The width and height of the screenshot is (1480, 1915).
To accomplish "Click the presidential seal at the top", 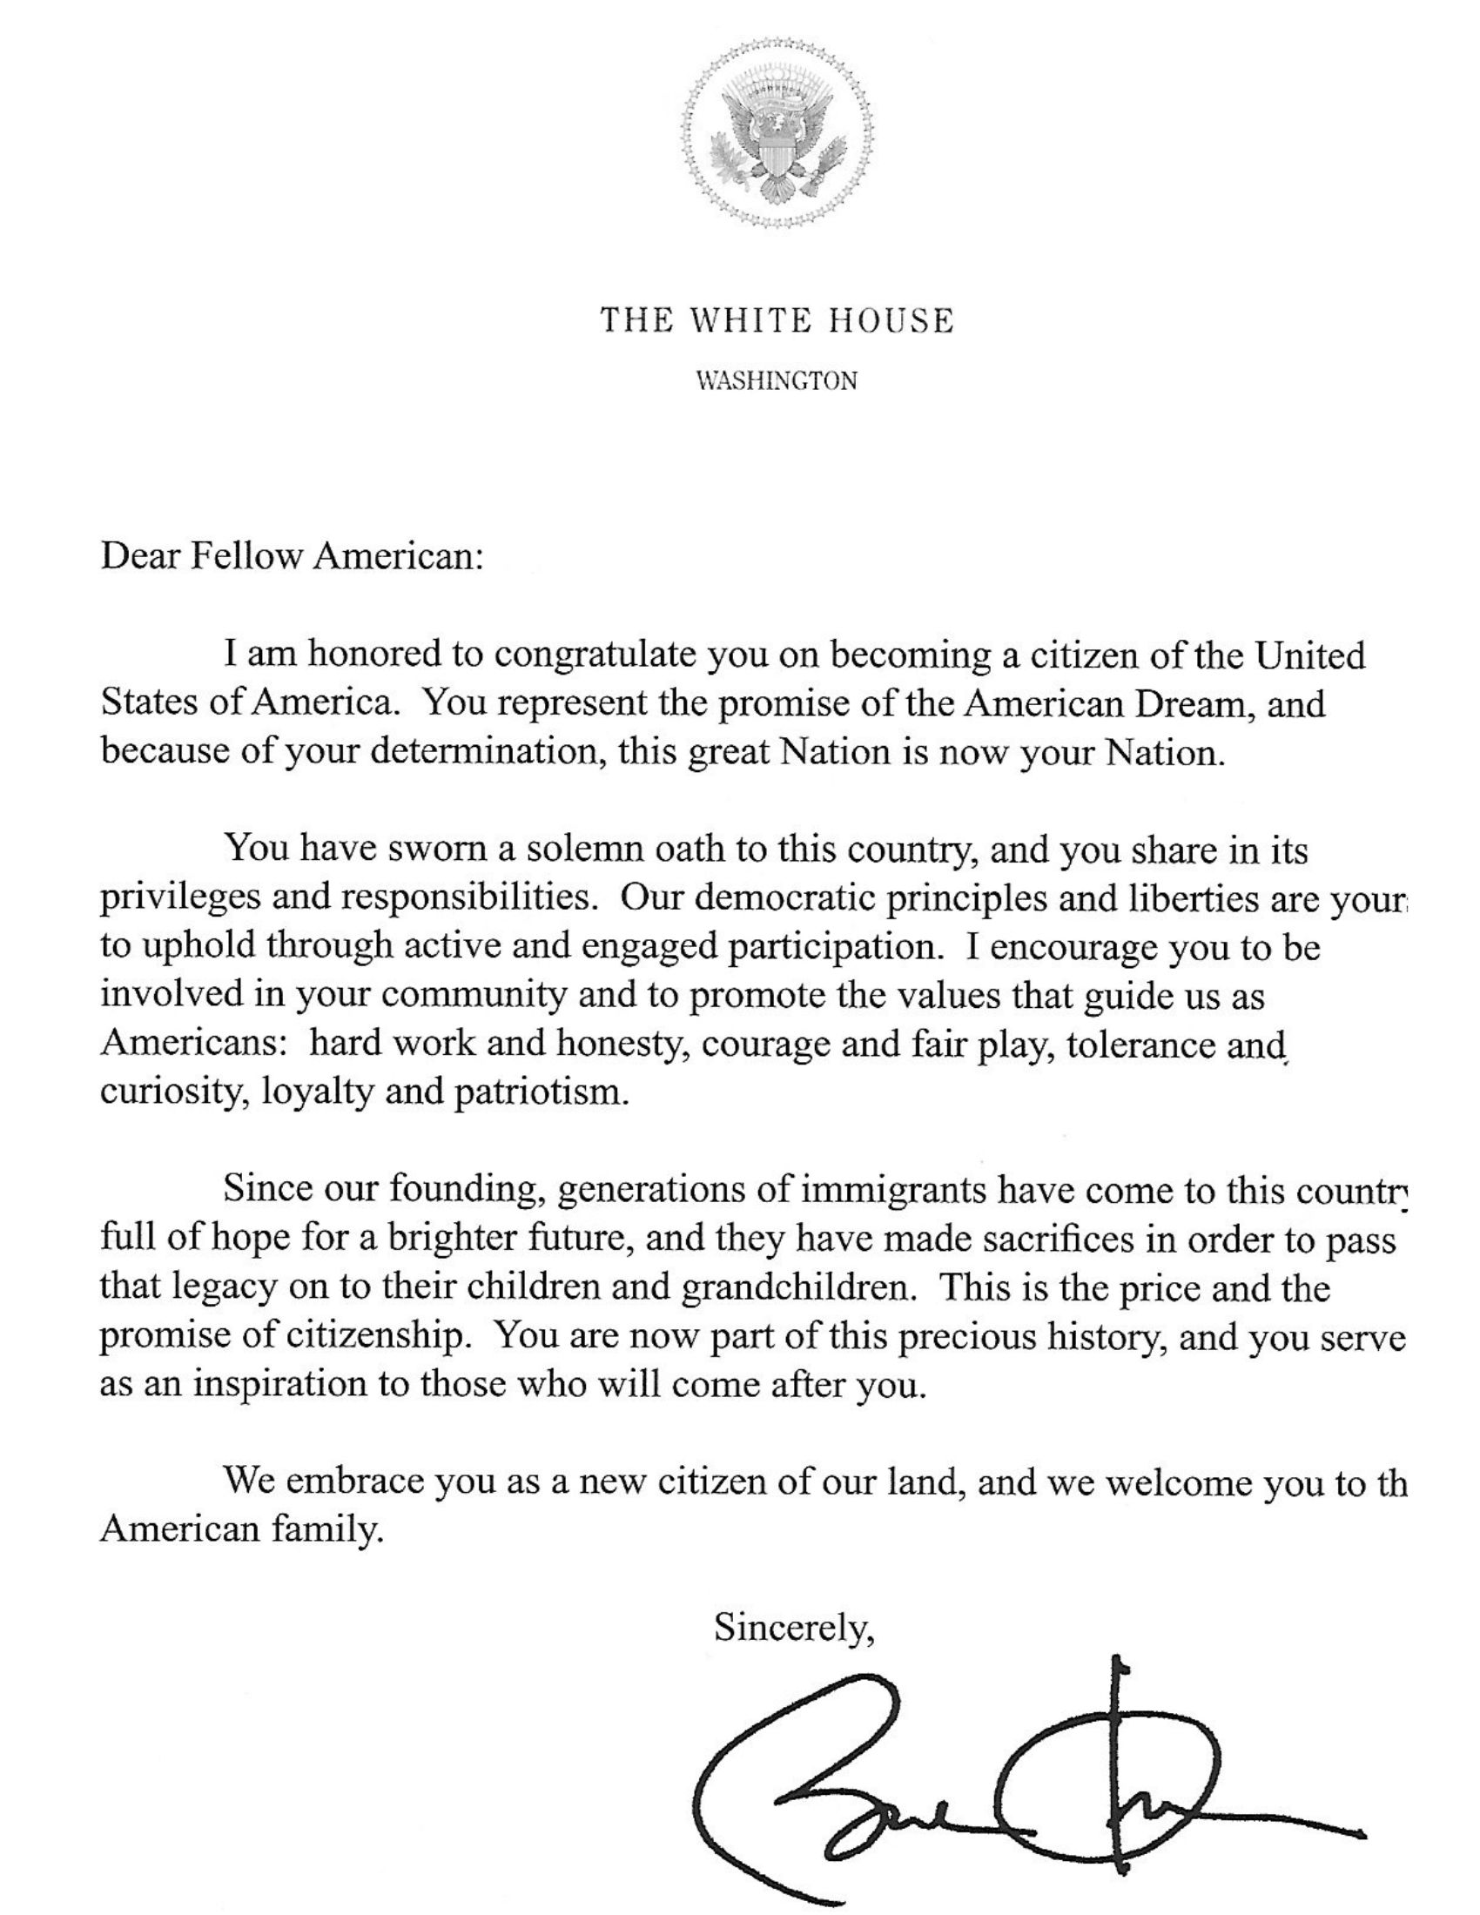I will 778,134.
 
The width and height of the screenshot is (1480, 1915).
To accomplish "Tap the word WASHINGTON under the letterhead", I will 777,381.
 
